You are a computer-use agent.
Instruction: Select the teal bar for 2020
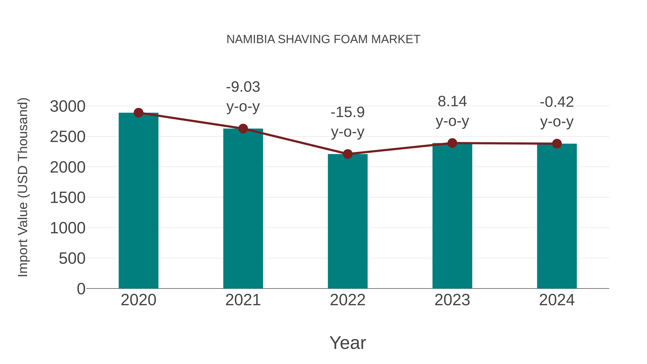point(138,201)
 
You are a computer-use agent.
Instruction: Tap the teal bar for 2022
point(347,221)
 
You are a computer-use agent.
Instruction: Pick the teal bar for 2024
point(557,216)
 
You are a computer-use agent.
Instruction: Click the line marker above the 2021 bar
point(243,129)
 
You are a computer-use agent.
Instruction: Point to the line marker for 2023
point(452,143)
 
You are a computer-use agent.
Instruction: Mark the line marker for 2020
point(138,113)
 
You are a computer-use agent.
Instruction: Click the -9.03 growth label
point(243,87)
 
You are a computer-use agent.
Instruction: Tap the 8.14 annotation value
point(452,102)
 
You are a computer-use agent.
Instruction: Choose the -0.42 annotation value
point(557,102)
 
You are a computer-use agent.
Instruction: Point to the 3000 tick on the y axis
point(68,106)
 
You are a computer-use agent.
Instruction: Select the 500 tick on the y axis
point(72,258)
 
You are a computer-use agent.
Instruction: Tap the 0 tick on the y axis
point(81,289)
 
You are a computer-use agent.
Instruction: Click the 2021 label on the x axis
point(243,300)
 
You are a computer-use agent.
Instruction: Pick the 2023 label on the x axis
point(452,300)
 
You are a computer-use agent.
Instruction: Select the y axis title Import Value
point(23,187)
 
